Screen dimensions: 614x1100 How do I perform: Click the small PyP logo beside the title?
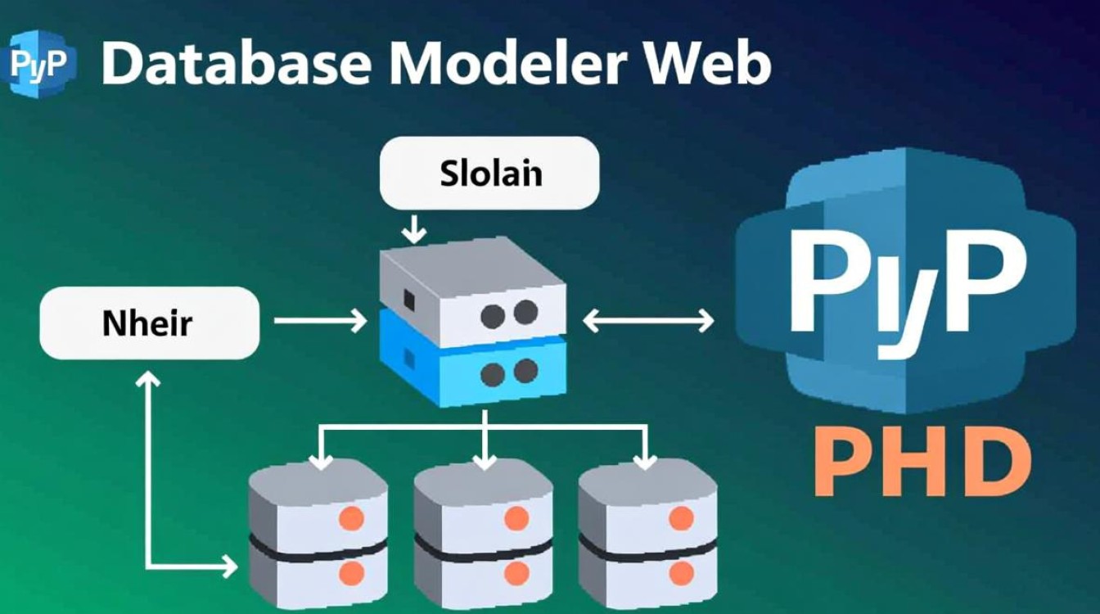[40, 63]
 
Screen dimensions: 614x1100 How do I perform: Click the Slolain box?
[489, 174]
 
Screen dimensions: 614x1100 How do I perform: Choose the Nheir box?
[149, 323]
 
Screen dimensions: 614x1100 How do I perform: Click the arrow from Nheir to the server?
[320, 321]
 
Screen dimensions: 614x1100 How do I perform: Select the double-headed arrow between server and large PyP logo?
[647, 321]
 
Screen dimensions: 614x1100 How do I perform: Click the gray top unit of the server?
[473, 295]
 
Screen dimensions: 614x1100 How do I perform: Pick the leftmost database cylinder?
[318, 530]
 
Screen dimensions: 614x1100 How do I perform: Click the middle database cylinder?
[483, 530]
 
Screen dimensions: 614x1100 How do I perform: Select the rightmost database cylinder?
[647, 530]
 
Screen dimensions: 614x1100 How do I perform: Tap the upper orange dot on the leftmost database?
[351, 517]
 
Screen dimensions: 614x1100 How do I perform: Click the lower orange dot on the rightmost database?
[681, 571]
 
